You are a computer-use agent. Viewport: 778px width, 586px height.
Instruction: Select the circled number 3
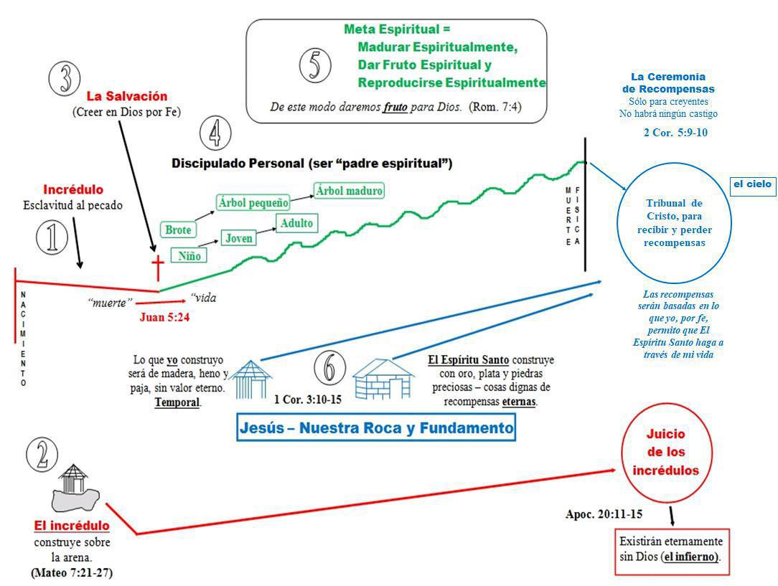coord(65,78)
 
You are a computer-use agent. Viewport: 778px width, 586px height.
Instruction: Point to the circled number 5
coord(314,66)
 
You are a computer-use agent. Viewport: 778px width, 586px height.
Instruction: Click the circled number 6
coord(329,369)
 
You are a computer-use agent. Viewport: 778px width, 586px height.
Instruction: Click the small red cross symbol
coord(157,267)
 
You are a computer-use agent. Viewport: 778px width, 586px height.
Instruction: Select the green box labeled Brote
coord(178,230)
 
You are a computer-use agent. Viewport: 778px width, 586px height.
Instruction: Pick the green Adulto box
coord(296,223)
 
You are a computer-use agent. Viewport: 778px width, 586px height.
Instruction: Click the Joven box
coord(239,237)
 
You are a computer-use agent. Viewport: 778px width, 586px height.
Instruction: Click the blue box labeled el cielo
coord(752,185)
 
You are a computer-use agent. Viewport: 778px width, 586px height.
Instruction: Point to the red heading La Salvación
coord(127,96)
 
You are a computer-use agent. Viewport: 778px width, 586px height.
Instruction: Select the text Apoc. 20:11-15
coord(604,514)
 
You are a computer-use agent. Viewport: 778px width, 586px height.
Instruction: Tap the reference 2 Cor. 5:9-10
coord(675,133)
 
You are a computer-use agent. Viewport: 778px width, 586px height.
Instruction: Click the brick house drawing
coord(383,379)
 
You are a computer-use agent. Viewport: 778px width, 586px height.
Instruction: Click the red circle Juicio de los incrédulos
coord(665,453)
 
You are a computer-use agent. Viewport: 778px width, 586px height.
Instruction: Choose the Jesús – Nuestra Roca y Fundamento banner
coord(376,428)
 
